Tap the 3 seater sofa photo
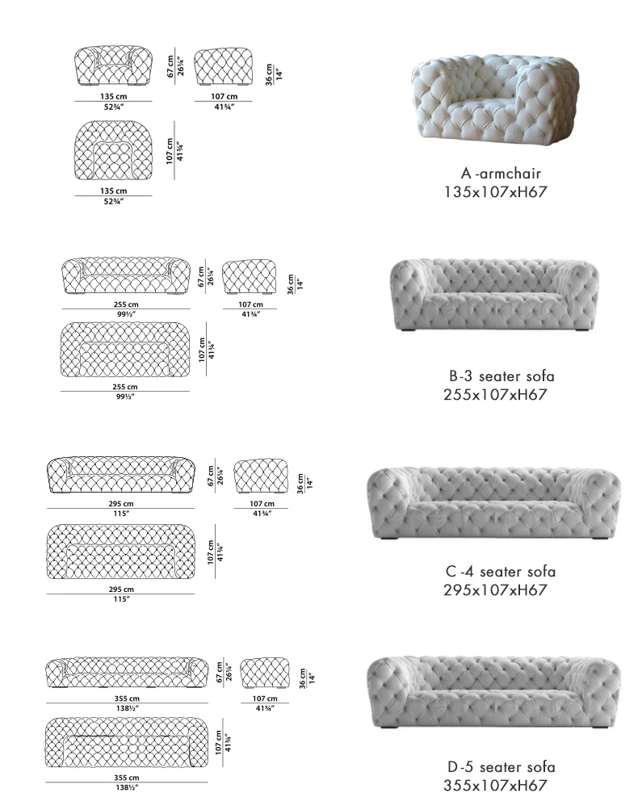point(495,294)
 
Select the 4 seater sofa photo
point(493,502)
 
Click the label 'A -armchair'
point(501,174)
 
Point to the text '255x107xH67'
point(496,395)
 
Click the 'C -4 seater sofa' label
point(501,572)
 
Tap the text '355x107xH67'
point(496,786)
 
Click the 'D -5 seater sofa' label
point(501,767)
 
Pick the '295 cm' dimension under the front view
point(121,503)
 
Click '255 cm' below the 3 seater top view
point(125,387)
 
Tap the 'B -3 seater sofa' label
point(502,376)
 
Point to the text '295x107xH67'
point(496,590)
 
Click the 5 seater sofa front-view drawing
point(126,673)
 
